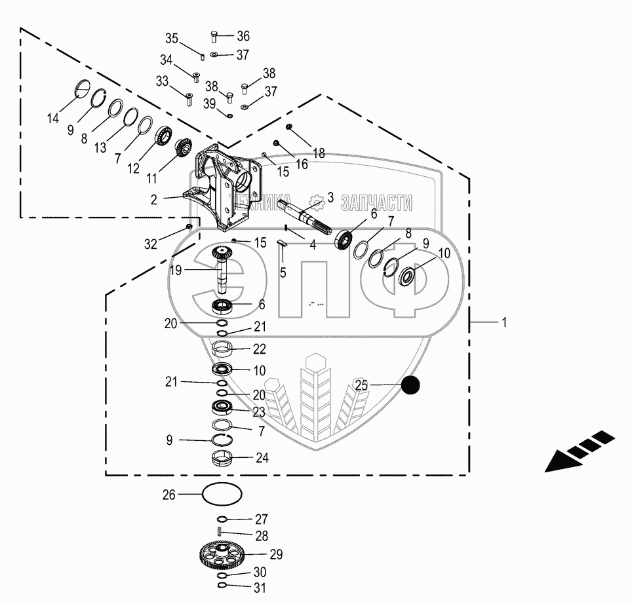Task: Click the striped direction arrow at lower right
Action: click(x=579, y=451)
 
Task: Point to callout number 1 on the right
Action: click(x=504, y=322)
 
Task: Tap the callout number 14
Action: click(x=52, y=119)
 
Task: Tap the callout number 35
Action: click(x=171, y=37)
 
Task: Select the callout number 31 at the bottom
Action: click(x=260, y=588)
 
